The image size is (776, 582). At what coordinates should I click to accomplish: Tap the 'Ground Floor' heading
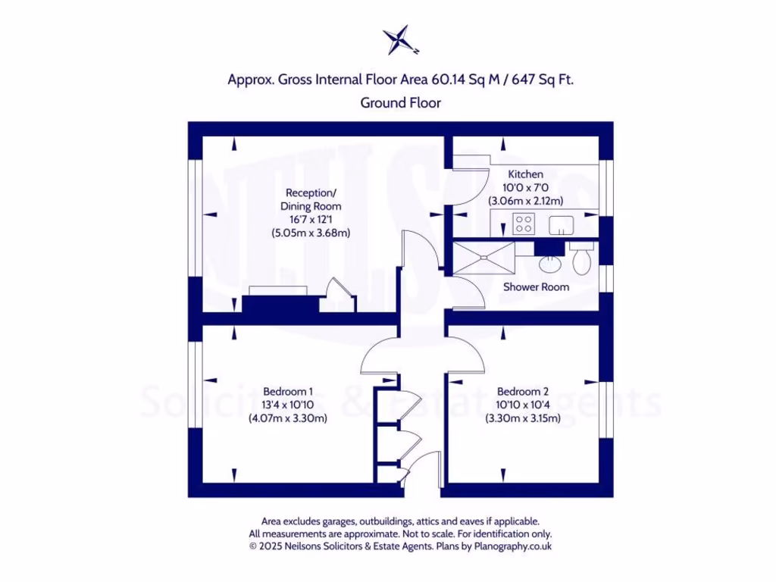pyautogui.click(x=400, y=102)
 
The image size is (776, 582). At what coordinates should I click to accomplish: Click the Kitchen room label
pyautogui.click(x=525, y=174)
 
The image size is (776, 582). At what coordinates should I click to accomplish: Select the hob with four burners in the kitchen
pyautogui.click(x=523, y=224)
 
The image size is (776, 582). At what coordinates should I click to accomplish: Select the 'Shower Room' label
pyautogui.click(x=536, y=287)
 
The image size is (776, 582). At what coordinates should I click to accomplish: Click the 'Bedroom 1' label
pyautogui.click(x=288, y=391)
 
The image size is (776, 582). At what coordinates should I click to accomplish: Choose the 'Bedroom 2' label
pyautogui.click(x=522, y=391)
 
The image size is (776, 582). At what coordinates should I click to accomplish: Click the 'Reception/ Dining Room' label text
pyautogui.click(x=311, y=199)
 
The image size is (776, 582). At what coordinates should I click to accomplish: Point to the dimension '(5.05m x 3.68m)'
pyautogui.click(x=311, y=233)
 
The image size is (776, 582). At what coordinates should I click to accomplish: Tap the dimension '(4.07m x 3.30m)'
pyautogui.click(x=288, y=418)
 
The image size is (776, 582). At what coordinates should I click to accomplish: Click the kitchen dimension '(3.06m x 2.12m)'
pyautogui.click(x=525, y=201)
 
